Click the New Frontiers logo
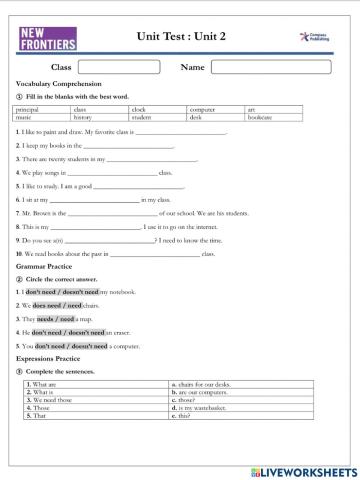pyautogui.click(x=47, y=38)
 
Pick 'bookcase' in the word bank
pyautogui.click(x=260, y=117)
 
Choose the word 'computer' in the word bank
pyautogui.click(x=202, y=109)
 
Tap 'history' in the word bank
pyautogui.click(x=82, y=117)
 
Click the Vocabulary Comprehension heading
pyautogui.click(x=53, y=83)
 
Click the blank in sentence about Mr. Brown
pyautogui.click(x=112, y=213)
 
